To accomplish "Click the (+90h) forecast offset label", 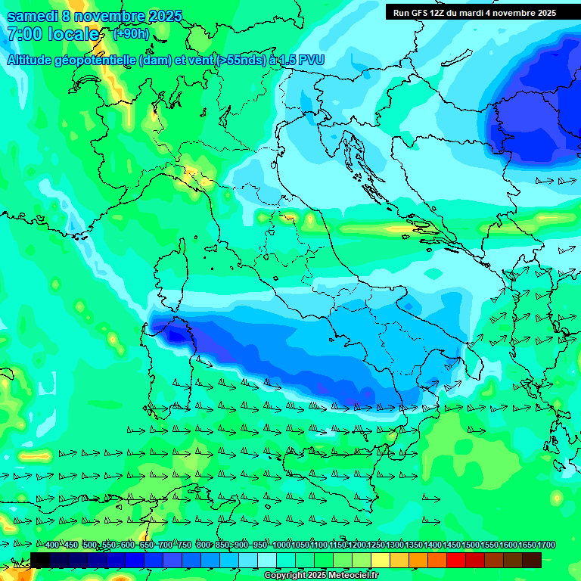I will (131, 34).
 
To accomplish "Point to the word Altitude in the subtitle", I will (31, 61).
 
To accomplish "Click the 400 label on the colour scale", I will (52, 545).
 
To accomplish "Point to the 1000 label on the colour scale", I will (281, 545).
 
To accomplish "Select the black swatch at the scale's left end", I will (40, 560).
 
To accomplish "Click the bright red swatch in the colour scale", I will (456, 560).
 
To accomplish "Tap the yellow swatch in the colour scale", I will (381, 560).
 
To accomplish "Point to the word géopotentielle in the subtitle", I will (98, 61).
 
